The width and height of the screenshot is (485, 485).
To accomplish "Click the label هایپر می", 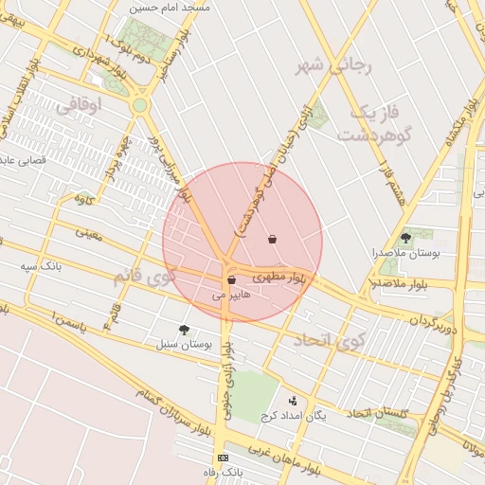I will pyautogui.click(x=231, y=296).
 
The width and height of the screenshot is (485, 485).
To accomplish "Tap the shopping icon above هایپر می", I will pyautogui.click(x=231, y=280).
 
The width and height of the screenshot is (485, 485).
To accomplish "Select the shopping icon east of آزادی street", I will pyautogui.click(x=273, y=239).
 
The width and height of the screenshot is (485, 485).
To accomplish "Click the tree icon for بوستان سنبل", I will pyautogui.click(x=184, y=330).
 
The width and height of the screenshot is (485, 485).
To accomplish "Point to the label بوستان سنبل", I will pyautogui.click(x=188, y=345).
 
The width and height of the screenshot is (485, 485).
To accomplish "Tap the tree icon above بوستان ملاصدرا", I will pyautogui.click(x=406, y=239).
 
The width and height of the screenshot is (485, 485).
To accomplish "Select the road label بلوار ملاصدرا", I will pyautogui.click(x=400, y=283).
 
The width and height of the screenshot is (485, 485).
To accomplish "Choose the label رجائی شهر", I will pyautogui.click(x=335, y=65).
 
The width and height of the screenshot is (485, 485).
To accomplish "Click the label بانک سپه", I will pyautogui.click(x=42, y=267).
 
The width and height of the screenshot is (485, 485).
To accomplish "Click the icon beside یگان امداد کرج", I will pyautogui.click(x=292, y=401).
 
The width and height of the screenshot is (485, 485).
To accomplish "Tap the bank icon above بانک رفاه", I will pyautogui.click(x=223, y=458).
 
